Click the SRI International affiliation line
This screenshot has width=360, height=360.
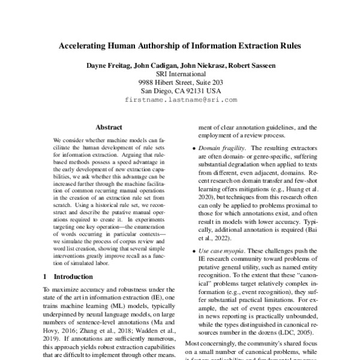[x=181, y=73]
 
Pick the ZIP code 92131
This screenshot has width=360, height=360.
[x=196, y=91]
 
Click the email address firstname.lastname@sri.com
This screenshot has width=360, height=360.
[x=181, y=100]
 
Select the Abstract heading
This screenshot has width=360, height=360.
[x=109, y=127]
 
